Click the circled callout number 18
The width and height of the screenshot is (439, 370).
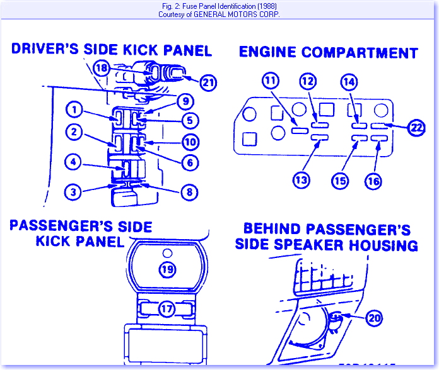102,67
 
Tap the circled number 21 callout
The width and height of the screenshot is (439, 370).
208,81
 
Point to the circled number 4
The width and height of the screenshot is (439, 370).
74,163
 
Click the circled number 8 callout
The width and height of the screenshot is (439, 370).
189,192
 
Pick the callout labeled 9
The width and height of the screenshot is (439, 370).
184,101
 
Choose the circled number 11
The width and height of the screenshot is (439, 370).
271,81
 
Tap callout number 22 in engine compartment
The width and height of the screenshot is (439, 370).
416,127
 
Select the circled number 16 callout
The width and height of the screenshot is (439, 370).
373,181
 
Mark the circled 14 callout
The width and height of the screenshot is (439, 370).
348,81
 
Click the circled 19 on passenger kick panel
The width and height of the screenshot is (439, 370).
166,269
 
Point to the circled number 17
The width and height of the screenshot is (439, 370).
167,309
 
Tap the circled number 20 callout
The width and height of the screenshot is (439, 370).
375,318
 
